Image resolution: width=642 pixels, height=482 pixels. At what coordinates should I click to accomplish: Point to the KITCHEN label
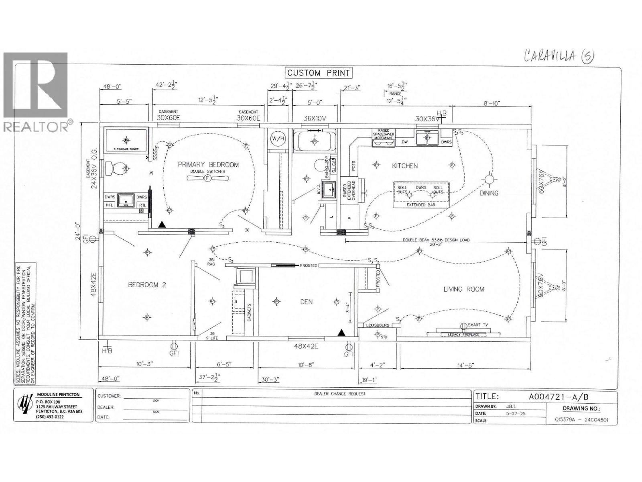click(405, 165)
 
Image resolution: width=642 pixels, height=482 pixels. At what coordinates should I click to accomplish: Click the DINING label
click(489, 193)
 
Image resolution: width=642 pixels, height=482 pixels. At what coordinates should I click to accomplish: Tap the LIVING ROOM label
click(463, 289)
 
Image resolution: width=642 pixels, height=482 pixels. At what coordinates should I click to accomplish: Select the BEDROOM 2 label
click(147, 285)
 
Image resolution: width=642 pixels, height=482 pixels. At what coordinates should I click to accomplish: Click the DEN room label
click(306, 302)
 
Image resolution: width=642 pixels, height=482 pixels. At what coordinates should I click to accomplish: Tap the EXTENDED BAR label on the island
click(421, 205)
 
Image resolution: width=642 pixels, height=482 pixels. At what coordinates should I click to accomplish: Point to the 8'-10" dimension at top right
click(491, 103)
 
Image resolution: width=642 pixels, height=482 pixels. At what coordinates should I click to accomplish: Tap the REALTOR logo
click(36, 92)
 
